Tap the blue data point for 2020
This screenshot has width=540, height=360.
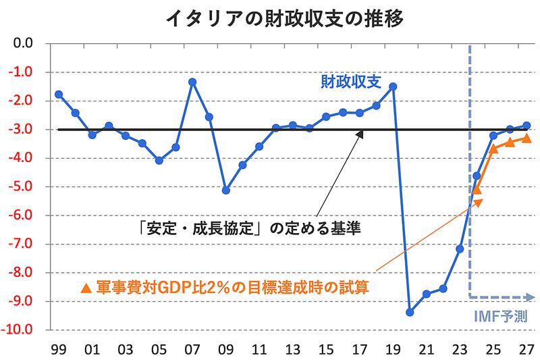pos(410,312)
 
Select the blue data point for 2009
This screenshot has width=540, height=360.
pos(226,190)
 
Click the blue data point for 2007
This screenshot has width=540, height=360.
pos(192,82)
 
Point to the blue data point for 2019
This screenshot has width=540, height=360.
pos(393,86)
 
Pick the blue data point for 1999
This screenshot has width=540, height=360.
pos(59,94)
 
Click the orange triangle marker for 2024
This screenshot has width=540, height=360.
pos(477,190)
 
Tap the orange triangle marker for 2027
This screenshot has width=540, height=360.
pos(526,138)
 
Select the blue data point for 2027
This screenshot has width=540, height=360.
pos(526,126)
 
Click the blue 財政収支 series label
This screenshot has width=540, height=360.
pos(350,82)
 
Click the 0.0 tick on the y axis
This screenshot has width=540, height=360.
pos(25,44)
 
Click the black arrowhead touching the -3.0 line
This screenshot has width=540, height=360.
pos(360,134)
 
